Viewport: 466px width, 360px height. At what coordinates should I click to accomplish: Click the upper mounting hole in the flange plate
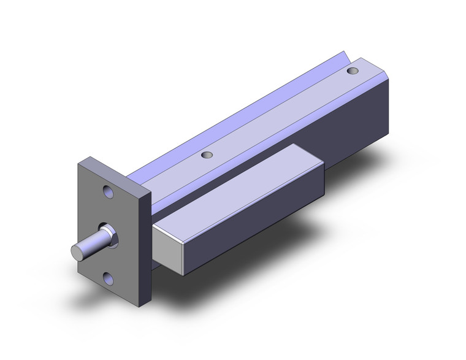109,192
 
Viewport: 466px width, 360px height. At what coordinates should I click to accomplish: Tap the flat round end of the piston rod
77,251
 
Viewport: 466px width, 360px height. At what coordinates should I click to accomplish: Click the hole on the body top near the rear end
352,72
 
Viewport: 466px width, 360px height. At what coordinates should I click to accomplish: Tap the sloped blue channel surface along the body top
245,104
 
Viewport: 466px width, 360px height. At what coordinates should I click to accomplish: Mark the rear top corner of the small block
323,164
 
